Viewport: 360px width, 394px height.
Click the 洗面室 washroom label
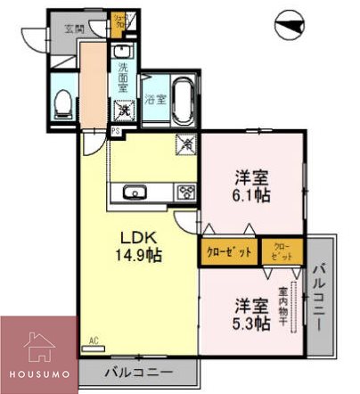(123, 76)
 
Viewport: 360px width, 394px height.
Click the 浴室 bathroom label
(155, 99)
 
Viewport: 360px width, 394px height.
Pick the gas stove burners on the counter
(186, 191)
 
